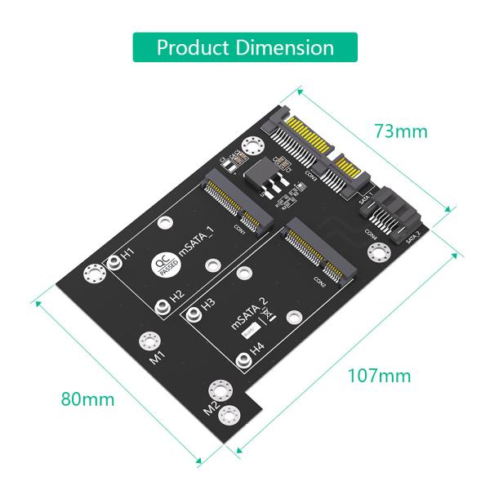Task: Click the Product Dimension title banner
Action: coord(245,47)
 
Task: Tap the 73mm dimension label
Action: coord(401,131)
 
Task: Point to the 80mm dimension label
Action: coord(87,400)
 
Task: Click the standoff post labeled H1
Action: coord(114,263)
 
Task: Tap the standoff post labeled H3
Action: coord(194,313)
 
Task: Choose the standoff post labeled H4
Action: coord(242,361)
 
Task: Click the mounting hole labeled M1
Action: coord(149,341)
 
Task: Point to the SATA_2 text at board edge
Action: coord(413,237)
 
